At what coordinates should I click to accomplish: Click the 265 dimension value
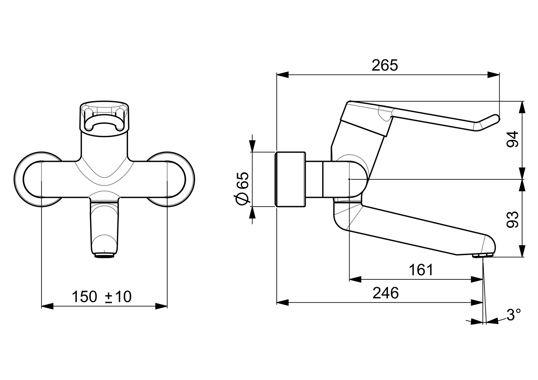tap(384, 65)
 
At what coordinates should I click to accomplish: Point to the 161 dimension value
tap(421, 270)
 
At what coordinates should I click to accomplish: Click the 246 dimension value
tap(386, 293)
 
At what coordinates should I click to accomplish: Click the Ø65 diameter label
tap(243, 188)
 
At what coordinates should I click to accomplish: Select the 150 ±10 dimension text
tap(101, 297)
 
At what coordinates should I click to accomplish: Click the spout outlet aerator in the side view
tap(483, 255)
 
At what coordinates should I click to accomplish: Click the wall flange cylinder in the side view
tap(290, 179)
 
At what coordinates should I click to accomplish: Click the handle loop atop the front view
tap(104, 118)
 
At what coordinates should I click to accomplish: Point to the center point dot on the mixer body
tap(349, 179)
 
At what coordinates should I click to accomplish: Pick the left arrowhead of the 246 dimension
tap(282, 302)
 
